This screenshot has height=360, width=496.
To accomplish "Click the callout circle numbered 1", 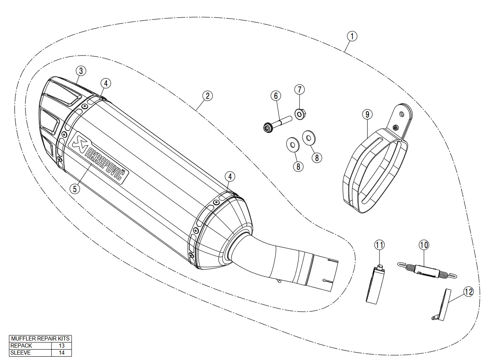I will (x=351, y=36).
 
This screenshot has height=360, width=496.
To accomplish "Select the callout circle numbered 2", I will (x=208, y=96).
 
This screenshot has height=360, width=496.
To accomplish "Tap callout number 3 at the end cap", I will (x=81, y=71).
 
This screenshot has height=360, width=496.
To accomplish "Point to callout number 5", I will (x=75, y=189).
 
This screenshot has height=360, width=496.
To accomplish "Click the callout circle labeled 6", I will (x=276, y=96).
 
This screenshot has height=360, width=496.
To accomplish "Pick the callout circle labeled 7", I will (x=300, y=89).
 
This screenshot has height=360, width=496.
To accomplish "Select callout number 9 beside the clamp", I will (x=367, y=114).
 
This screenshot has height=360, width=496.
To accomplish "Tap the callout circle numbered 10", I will (x=423, y=245).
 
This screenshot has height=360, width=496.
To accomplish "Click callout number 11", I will (x=380, y=245).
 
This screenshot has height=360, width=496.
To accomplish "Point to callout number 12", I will (x=468, y=292).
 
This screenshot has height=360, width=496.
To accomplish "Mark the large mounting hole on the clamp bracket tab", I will (x=402, y=112).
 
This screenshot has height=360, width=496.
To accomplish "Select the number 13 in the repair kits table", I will (x=61, y=345).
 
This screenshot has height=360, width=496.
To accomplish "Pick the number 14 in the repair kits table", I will (x=61, y=353).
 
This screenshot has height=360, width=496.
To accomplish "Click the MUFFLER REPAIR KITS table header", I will (x=40, y=338).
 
